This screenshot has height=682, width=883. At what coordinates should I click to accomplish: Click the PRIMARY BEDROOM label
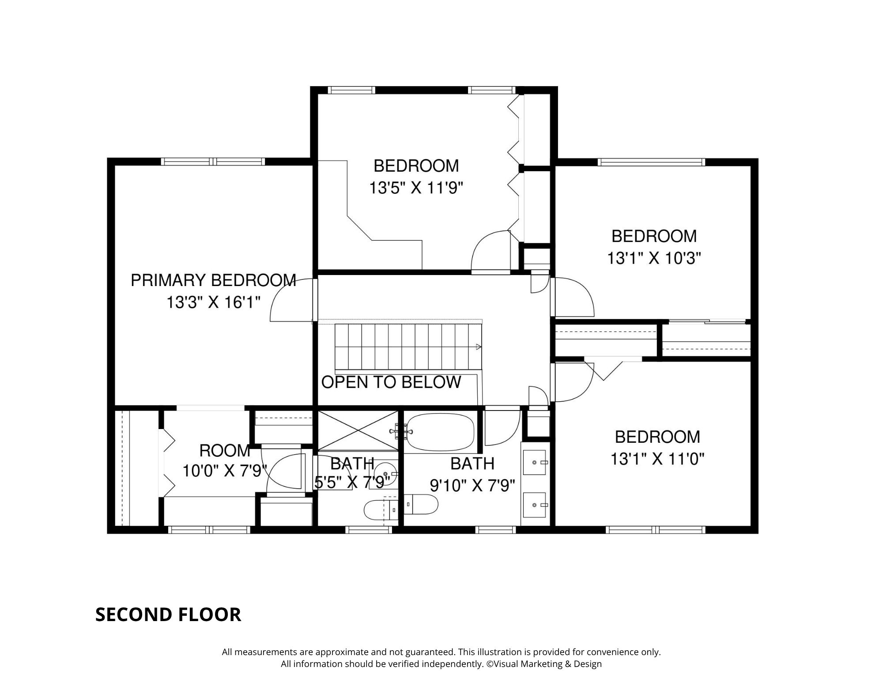point(213,280)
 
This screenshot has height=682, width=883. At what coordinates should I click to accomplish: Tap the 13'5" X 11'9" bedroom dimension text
point(416,188)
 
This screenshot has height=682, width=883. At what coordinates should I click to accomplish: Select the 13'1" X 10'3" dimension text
point(654,258)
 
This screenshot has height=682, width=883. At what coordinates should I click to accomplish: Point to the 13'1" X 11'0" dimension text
point(657,460)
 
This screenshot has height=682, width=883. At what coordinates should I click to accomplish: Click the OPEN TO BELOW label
point(391,382)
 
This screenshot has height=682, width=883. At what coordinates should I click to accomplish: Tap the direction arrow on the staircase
point(479,347)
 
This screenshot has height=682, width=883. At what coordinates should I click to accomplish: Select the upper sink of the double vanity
point(535,462)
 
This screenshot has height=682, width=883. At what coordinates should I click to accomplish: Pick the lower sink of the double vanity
point(535,505)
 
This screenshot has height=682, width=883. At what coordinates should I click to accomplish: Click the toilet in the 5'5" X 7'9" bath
point(381,510)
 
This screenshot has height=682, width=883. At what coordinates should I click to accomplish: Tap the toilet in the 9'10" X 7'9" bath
point(421,504)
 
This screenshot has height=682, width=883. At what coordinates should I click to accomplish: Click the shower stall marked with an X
point(358,431)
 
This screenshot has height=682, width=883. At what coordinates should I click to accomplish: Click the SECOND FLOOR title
point(168,614)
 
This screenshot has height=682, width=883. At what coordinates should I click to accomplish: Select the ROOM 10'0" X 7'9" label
point(225,461)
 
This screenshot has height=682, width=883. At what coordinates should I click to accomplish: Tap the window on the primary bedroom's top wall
point(213,162)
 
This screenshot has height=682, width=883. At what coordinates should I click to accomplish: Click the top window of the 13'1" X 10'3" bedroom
point(651,162)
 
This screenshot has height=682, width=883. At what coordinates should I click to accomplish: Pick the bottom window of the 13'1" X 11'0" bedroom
point(655,530)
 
